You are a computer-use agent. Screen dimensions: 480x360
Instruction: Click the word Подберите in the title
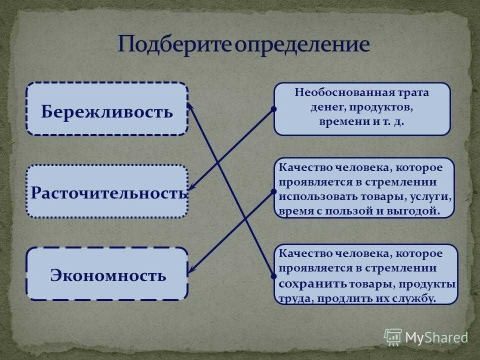[x=175, y=44]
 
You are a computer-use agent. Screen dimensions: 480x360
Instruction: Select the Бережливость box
[x=107, y=108]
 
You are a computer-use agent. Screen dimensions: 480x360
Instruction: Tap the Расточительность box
[x=107, y=191]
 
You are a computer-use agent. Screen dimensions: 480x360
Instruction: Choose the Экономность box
[x=107, y=273]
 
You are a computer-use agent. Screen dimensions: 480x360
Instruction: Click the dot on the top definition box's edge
[x=273, y=108]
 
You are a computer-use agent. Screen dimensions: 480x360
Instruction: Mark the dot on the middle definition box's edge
[x=273, y=191]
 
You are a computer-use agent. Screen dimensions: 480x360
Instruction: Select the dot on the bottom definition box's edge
[x=273, y=276]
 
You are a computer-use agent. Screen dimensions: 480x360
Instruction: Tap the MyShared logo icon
[x=393, y=337]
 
